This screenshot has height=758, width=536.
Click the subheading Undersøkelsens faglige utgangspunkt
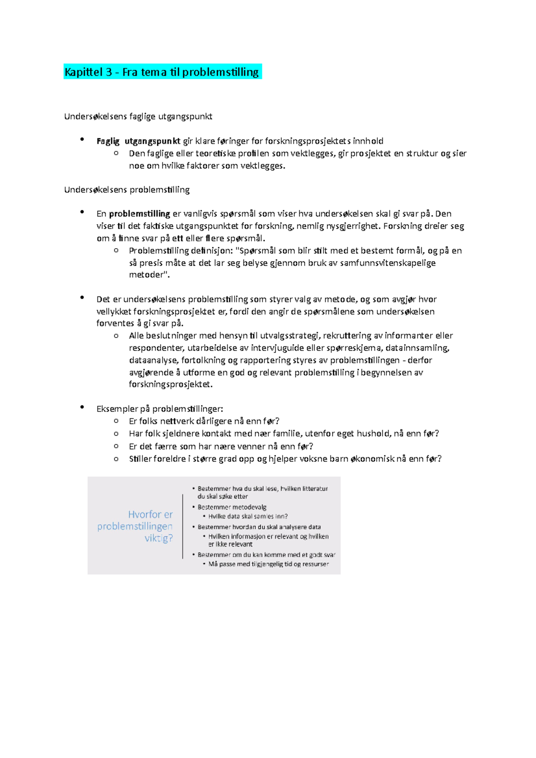pyautogui.click(x=138, y=117)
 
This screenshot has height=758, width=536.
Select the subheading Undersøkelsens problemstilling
pyautogui.click(x=127, y=190)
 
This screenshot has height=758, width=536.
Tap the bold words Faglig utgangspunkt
pyautogui.click(x=138, y=141)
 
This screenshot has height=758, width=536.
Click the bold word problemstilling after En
pyautogui.click(x=139, y=214)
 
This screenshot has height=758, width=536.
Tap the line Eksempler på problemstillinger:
pyautogui.click(x=159, y=409)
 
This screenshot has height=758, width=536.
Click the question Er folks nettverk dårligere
pyautogui.click(x=204, y=421)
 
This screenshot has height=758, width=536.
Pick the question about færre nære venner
pyautogui.click(x=221, y=446)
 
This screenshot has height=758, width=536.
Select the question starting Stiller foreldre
pyautogui.click(x=285, y=459)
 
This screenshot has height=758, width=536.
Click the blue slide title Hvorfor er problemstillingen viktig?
pyautogui.click(x=135, y=526)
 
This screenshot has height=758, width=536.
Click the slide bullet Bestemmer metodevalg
pyautogui.click(x=232, y=507)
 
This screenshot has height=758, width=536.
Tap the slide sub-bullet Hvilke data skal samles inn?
pyautogui.click(x=248, y=516)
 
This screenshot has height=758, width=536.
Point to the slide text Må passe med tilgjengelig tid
pyautogui.click(x=268, y=564)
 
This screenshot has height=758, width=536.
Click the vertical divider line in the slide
pyautogui.click(x=183, y=526)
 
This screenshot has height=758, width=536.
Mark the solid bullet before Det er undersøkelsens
pyautogui.click(x=82, y=298)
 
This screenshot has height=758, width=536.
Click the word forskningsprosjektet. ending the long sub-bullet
pyautogui.click(x=171, y=384)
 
